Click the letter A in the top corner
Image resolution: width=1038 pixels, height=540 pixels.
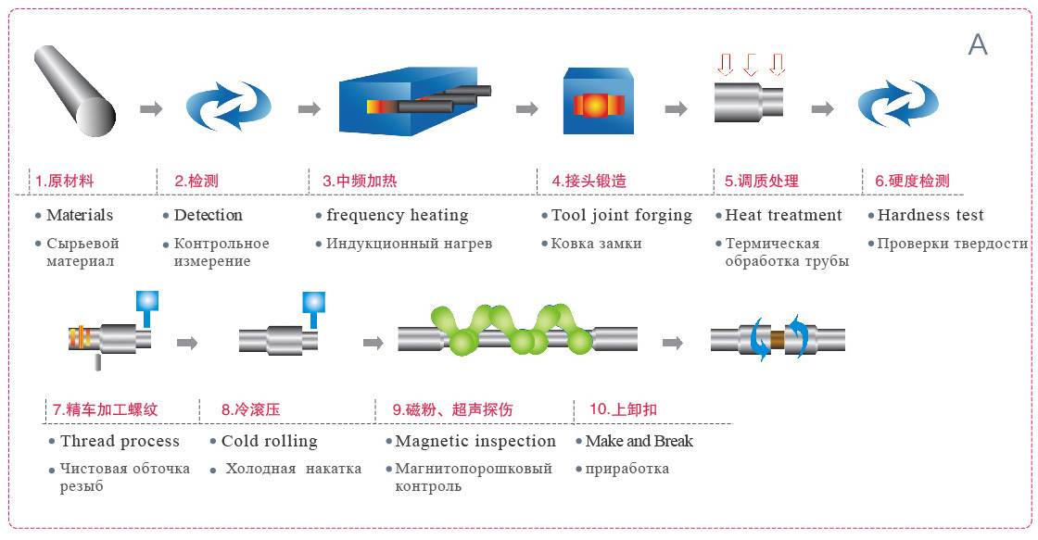click(978, 44)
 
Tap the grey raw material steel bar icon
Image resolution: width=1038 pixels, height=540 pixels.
click(75, 91)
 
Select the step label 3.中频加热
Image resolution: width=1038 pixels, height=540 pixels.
click(360, 181)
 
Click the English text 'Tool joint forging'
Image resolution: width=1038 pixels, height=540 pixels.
click(622, 216)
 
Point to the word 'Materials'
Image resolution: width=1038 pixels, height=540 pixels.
click(80, 215)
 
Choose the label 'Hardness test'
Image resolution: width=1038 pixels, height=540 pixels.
click(930, 215)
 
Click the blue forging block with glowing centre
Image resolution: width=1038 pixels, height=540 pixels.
click(599, 101)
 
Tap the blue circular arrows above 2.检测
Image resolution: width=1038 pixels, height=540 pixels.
click(228, 106)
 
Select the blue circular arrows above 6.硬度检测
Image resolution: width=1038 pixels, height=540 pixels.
click(898, 103)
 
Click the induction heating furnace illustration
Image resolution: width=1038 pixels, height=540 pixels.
click(415, 101)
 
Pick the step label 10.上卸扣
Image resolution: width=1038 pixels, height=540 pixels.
click(623, 409)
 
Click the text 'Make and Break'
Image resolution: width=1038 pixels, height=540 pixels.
click(639, 441)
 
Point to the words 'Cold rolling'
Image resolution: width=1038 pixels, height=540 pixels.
click(270, 442)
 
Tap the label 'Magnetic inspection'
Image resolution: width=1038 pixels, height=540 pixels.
click(475, 442)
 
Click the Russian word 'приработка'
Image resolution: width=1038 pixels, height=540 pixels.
click(627, 470)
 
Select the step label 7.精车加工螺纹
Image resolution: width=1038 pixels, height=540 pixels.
click(106, 409)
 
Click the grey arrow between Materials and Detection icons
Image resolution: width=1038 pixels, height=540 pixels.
click(152, 108)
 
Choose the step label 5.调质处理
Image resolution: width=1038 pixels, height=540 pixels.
click(761, 181)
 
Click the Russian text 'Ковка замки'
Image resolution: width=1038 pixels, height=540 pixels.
click(596, 244)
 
